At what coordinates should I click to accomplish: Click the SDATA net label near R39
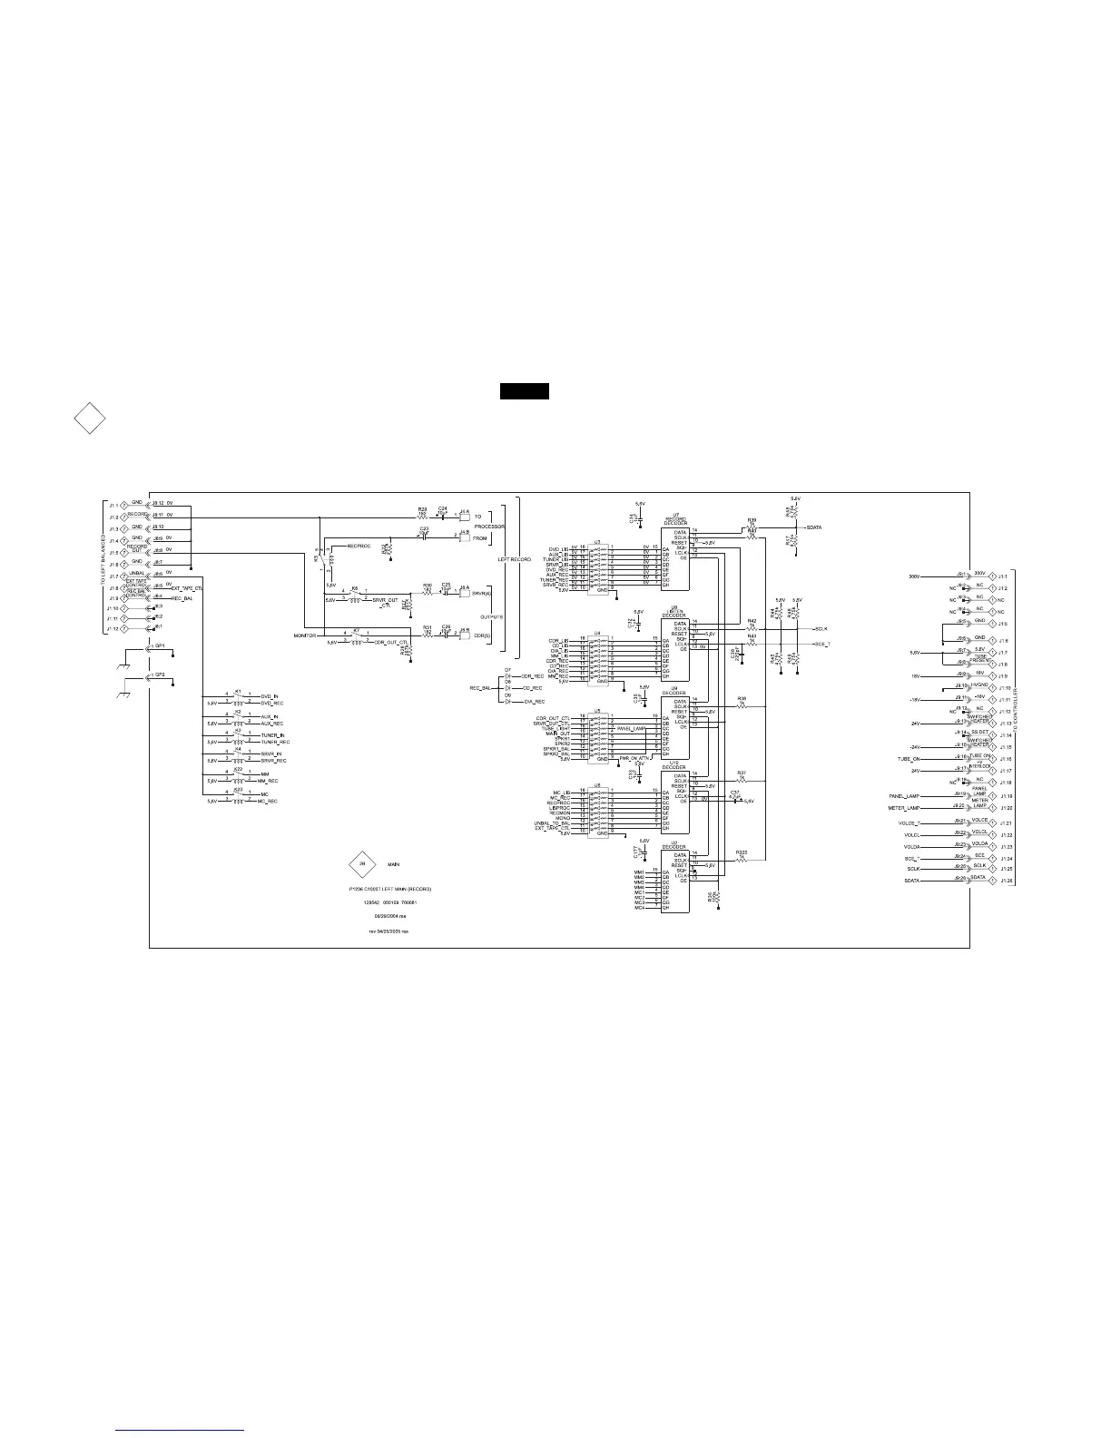pos(814,527)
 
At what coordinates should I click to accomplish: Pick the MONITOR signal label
pos(304,636)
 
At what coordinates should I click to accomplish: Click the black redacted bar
pos(525,392)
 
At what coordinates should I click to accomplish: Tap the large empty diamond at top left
pos(89,419)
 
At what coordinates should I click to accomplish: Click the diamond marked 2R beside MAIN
pos(361,864)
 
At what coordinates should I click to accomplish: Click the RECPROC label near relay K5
pos(359,546)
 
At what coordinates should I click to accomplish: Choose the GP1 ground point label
pos(159,645)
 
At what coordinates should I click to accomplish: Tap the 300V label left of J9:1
pos(914,576)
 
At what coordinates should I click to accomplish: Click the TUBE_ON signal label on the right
pos(909,759)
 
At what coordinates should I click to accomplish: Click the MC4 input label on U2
pos(639,909)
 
